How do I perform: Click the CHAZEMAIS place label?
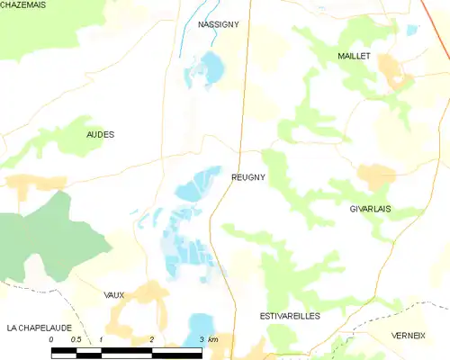pos(22,5)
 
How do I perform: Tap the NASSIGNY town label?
pos(218,25)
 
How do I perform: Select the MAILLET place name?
pos(354,56)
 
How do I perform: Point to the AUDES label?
pos(100,134)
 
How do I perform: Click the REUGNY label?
pos(247,178)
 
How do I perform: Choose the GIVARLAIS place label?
pos(375,208)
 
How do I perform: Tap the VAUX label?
pos(114,294)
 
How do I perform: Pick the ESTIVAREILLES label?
pos(290,316)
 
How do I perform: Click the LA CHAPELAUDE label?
pos(37,327)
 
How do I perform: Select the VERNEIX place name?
pos(408,335)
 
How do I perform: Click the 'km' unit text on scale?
pos(213,339)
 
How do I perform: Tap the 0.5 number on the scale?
pos(76,339)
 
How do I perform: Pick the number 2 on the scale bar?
pos(151,339)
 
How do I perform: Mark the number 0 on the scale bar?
pos(52,339)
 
